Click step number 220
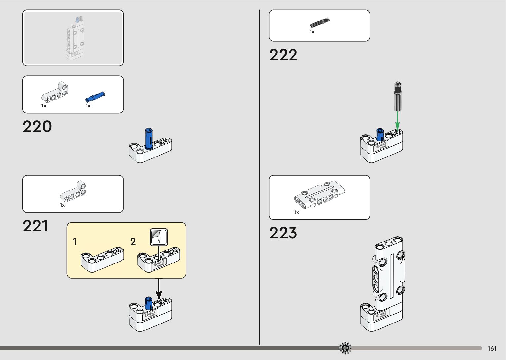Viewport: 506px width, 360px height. point(37,127)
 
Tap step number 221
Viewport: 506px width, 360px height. point(35,226)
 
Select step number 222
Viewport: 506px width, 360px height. point(283,55)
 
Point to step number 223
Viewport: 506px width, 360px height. point(283,233)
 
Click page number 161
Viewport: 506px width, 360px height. point(492,349)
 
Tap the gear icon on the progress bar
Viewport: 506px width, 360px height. point(345,348)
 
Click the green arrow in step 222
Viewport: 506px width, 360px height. point(397,120)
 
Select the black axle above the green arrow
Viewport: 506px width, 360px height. point(398,97)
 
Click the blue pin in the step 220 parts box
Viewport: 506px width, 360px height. point(95,97)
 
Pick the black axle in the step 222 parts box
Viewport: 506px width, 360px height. point(320,23)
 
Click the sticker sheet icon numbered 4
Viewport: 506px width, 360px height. point(159,237)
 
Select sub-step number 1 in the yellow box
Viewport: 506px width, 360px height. point(75,242)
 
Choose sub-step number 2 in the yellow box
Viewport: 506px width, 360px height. point(133,242)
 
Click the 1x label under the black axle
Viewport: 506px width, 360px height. point(312,32)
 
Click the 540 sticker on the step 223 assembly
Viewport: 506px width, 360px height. point(381,315)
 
